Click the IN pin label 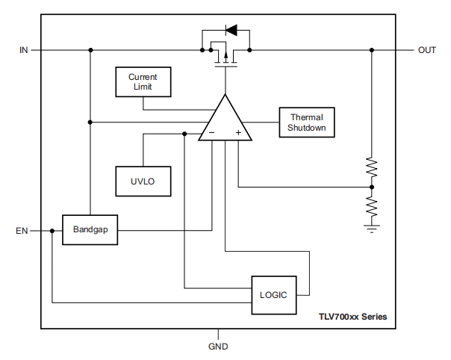(23, 50)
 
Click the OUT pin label (427, 50)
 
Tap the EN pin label (22, 231)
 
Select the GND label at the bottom (218, 347)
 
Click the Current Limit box (143, 81)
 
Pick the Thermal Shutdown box (307, 122)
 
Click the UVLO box (143, 180)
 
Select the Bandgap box (90, 230)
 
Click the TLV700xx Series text (352, 317)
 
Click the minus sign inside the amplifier (212, 133)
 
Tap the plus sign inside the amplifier (238, 133)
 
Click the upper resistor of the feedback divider (371, 167)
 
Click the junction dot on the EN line (52, 231)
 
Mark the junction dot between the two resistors (371, 186)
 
